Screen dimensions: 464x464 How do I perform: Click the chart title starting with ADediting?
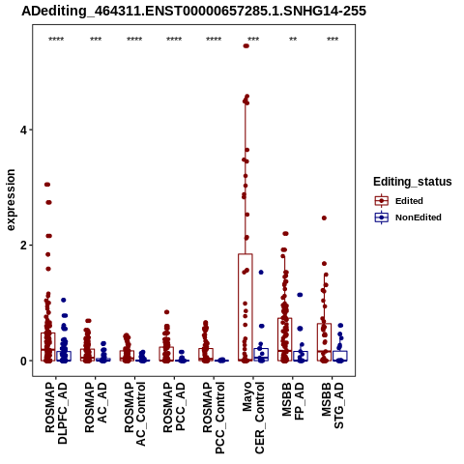coord(193,11)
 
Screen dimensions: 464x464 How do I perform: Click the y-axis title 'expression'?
coord(11,200)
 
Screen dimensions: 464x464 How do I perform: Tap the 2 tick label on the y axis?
coord(23,246)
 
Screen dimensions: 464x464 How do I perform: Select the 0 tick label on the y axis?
coord(23,361)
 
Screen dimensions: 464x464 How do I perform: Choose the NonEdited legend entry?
coord(408,217)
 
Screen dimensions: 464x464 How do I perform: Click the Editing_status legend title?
coord(413,182)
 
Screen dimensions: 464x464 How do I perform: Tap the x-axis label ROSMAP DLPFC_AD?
coord(56,413)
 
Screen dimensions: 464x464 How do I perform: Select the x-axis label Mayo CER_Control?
coord(253,418)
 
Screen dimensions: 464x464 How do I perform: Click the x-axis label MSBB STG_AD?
coord(333,405)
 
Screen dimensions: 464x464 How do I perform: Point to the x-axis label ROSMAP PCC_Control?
coord(214,418)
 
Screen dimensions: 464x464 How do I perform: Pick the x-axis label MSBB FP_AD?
coord(293,401)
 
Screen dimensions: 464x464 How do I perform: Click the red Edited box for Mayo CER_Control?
coord(246,307)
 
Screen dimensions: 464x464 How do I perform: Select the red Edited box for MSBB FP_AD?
coord(285,339)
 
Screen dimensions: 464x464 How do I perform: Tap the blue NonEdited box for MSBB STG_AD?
coord(340,356)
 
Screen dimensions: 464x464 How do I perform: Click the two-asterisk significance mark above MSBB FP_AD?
coord(293,40)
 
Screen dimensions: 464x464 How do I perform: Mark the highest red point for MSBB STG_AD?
coord(324,218)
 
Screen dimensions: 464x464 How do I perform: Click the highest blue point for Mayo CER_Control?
coord(261,273)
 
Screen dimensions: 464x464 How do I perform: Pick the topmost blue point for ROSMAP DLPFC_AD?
coord(64,300)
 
